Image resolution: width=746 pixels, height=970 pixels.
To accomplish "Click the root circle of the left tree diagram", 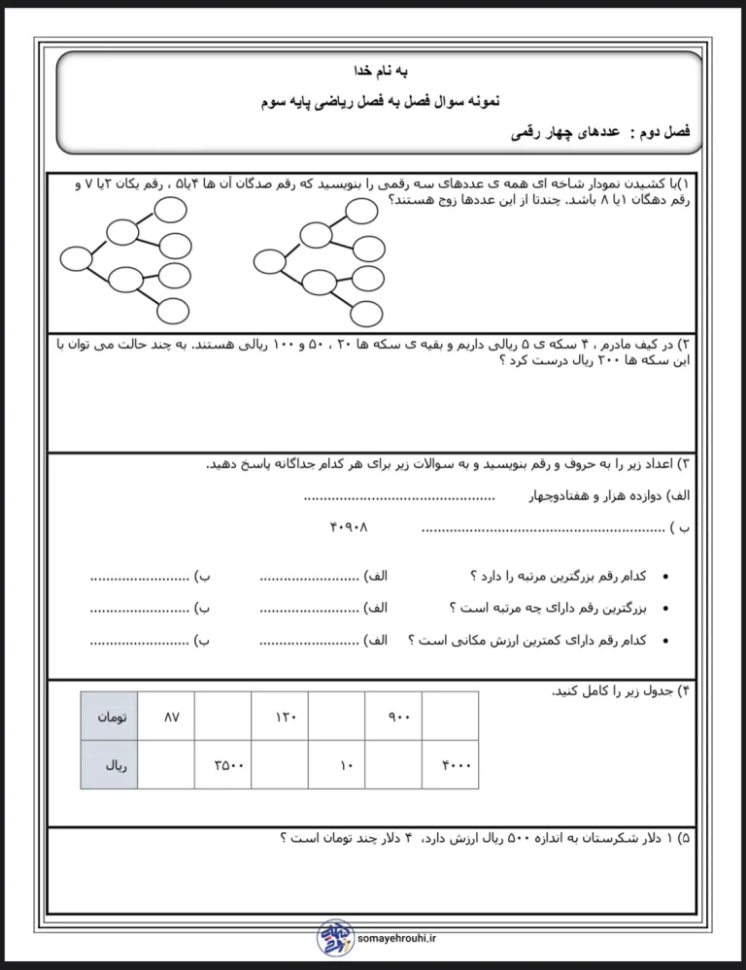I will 77,258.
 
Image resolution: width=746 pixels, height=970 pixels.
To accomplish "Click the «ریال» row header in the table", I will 108,765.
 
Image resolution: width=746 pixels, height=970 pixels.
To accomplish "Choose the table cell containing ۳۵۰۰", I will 222,765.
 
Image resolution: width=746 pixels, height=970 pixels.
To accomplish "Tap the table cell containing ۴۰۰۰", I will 450,765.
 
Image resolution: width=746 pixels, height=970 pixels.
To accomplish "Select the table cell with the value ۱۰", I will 336,765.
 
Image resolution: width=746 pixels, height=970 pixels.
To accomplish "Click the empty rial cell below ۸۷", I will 166,765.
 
